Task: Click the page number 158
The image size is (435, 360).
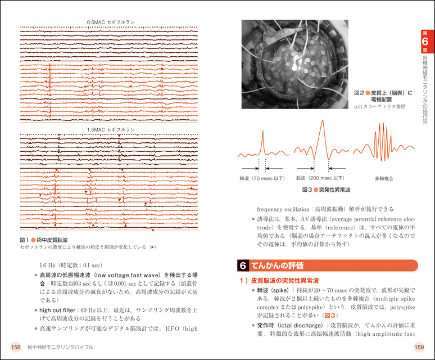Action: tap(13, 347)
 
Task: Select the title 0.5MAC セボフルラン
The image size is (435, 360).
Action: tap(111, 22)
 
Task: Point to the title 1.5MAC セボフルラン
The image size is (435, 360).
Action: tap(111, 129)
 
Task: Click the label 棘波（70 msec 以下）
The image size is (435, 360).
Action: tap(258, 178)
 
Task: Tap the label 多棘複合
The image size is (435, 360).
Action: tap(384, 178)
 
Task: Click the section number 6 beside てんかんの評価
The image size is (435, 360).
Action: tap(242, 265)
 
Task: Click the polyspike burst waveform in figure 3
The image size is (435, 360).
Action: tap(384, 140)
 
